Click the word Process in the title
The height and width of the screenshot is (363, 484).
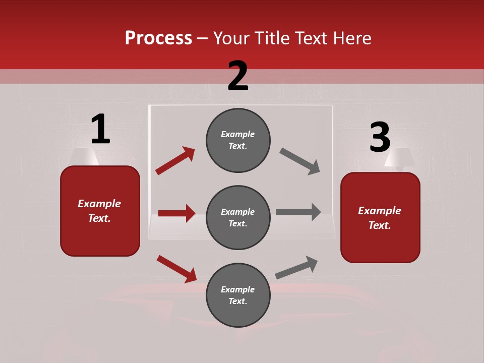[158, 38]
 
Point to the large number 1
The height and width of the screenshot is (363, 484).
[100, 130]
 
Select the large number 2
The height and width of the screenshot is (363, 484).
[238, 76]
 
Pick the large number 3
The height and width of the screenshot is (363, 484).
[380, 137]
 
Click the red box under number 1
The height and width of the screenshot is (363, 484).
[100, 211]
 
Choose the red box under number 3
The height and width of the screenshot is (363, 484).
[380, 217]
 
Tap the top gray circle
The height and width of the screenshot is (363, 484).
[238, 140]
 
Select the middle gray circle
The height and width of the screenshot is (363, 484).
[238, 217]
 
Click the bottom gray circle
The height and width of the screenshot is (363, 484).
[238, 295]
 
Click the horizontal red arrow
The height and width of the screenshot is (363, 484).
[176, 213]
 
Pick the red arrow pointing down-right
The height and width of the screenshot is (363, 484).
[176, 269]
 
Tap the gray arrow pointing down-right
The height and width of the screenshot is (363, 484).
[300, 161]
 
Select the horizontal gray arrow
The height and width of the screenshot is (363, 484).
[298, 212]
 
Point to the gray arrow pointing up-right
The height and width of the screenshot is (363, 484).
[296, 267]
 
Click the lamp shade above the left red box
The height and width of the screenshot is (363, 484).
[84, 156]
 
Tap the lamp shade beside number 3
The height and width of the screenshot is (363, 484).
[399, 157]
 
